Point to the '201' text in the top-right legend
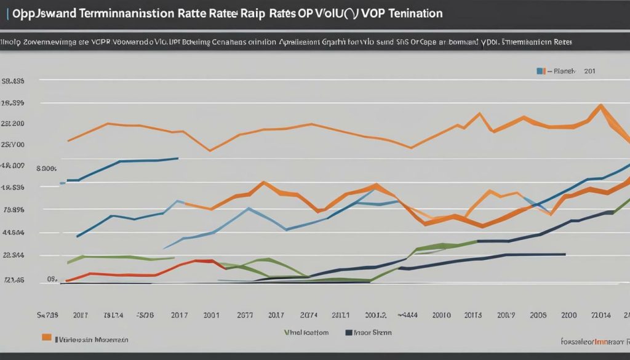pyautogui.click(x=590, y=71)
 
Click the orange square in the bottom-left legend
pyautogui.click(x=46, y=337)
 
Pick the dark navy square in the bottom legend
pyautogui.click(x=349, y=332)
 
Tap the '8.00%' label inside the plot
pyautogui.click(x=47, y=167)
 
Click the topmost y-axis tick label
pyautogui.click(x=14, y=81)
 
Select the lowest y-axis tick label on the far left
pyautogui.click(x=14, y=280)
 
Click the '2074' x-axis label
pyautogui.click(x=305, y=314)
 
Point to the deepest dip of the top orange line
pyautogui.click(x=210, y=151)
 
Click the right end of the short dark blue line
pyautogui.click(x=178, y=158)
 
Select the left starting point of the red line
pyautogui.click(x=66, y=281)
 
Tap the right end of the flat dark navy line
pyautogui.click(x=565, y=254)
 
